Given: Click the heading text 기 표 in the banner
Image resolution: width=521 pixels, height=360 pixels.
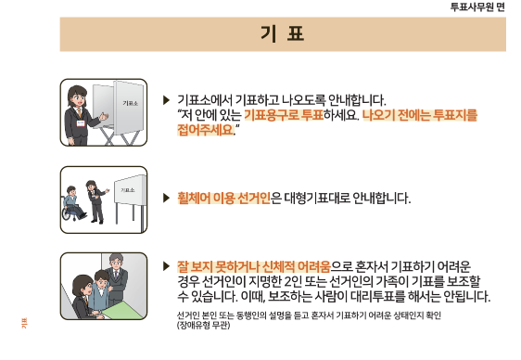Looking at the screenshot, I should click(x=283, y=34).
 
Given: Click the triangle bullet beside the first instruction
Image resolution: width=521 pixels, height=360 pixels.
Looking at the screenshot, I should click(x=166, y=99).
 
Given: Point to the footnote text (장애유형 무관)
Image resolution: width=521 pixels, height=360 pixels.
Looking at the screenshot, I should click(x=203, y=325).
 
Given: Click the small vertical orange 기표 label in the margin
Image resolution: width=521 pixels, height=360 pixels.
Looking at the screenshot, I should click(x=25, y=322).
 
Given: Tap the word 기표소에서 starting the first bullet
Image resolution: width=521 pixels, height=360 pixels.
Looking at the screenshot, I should click(x=205, y=99).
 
